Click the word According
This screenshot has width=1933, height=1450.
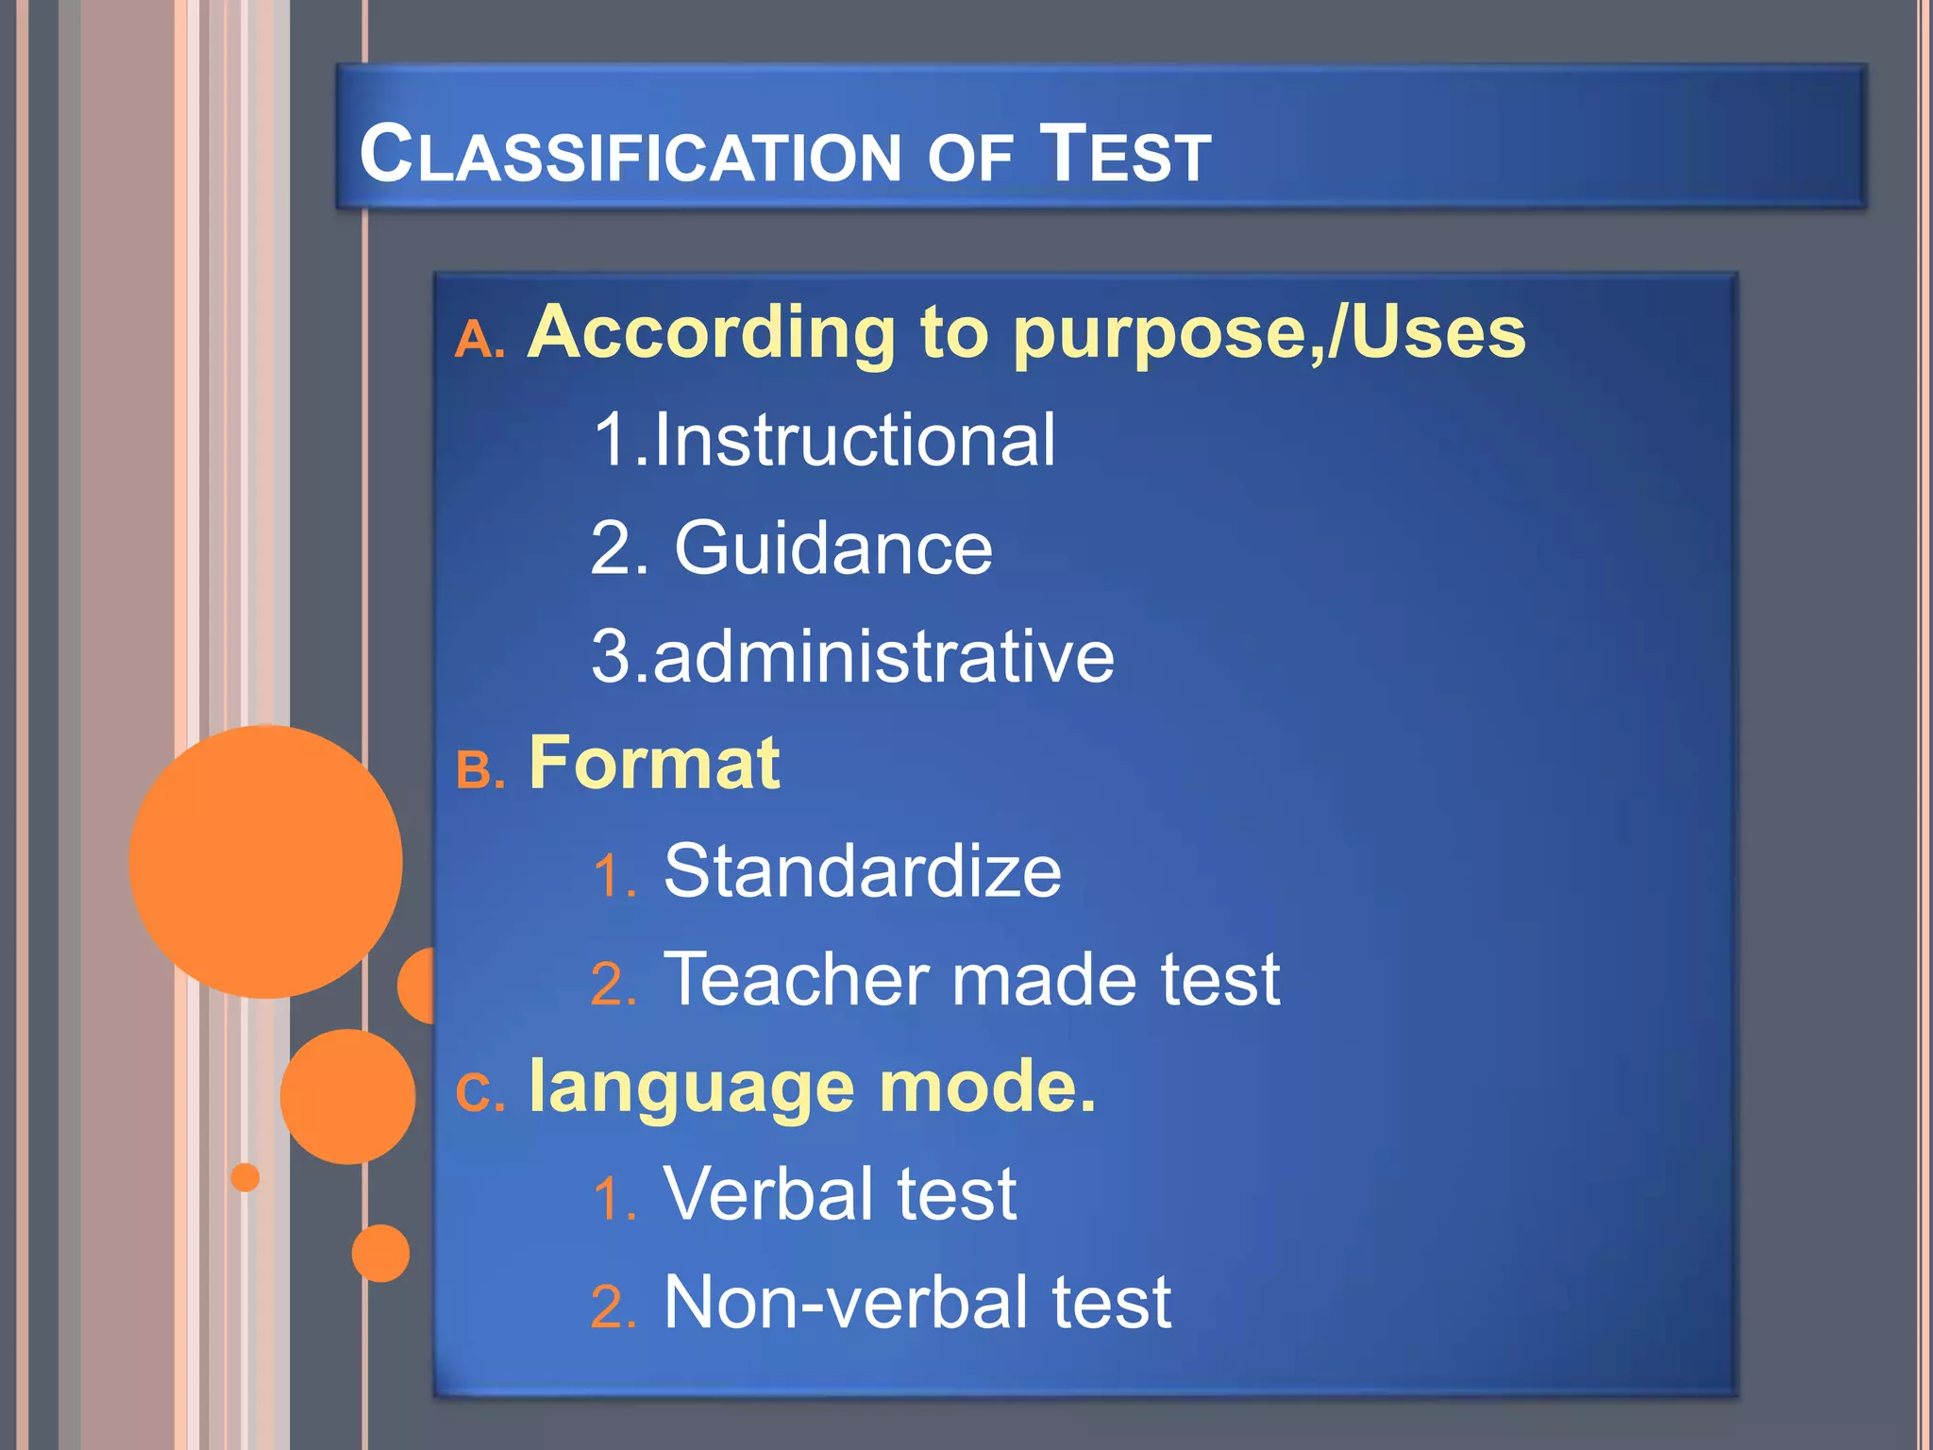click(711, 333)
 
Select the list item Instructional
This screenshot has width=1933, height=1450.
click(853, 440)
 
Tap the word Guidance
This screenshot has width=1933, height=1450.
click(832, 548)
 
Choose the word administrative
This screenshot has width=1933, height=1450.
click(882, 657)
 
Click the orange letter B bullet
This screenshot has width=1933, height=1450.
click(476, 771)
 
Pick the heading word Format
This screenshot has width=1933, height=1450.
click(654, 764)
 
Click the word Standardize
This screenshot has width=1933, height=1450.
click(862, 871)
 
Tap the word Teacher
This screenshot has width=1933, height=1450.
click(796, 980)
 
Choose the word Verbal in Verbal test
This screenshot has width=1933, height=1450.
click(768, 1195)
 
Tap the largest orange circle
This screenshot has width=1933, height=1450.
click(265, 861)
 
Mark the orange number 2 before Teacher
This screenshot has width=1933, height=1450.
click(609, 985)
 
